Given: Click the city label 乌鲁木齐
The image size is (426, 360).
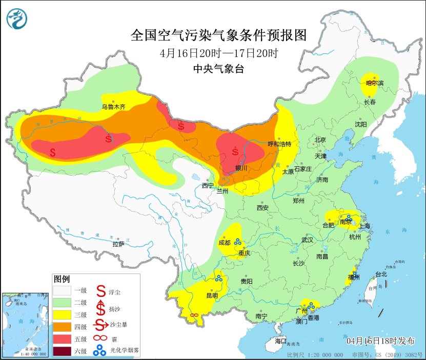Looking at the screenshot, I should (x=113, y=107).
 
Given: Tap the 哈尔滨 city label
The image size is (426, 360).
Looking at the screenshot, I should (x=374, y=83).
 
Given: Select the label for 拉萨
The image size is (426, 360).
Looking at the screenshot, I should (x=118, y=244).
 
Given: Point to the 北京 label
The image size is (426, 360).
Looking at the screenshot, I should (x=320, y=140).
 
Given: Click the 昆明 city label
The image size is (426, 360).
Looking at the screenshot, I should (x=211, y=295).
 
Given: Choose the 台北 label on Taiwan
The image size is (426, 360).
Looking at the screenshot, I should (x=381, y=274).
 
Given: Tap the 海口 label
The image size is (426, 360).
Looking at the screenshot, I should (x=280, y=341).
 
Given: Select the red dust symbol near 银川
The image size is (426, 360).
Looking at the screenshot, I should (x=235, y=151).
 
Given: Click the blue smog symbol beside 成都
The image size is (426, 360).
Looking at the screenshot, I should (x=238, y=242).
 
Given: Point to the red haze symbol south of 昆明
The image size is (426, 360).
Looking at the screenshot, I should (x=194, y=315).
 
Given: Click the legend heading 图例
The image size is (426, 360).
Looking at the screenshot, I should (x=62, y=279).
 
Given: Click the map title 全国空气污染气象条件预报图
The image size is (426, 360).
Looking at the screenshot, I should (x=218, y=35).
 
